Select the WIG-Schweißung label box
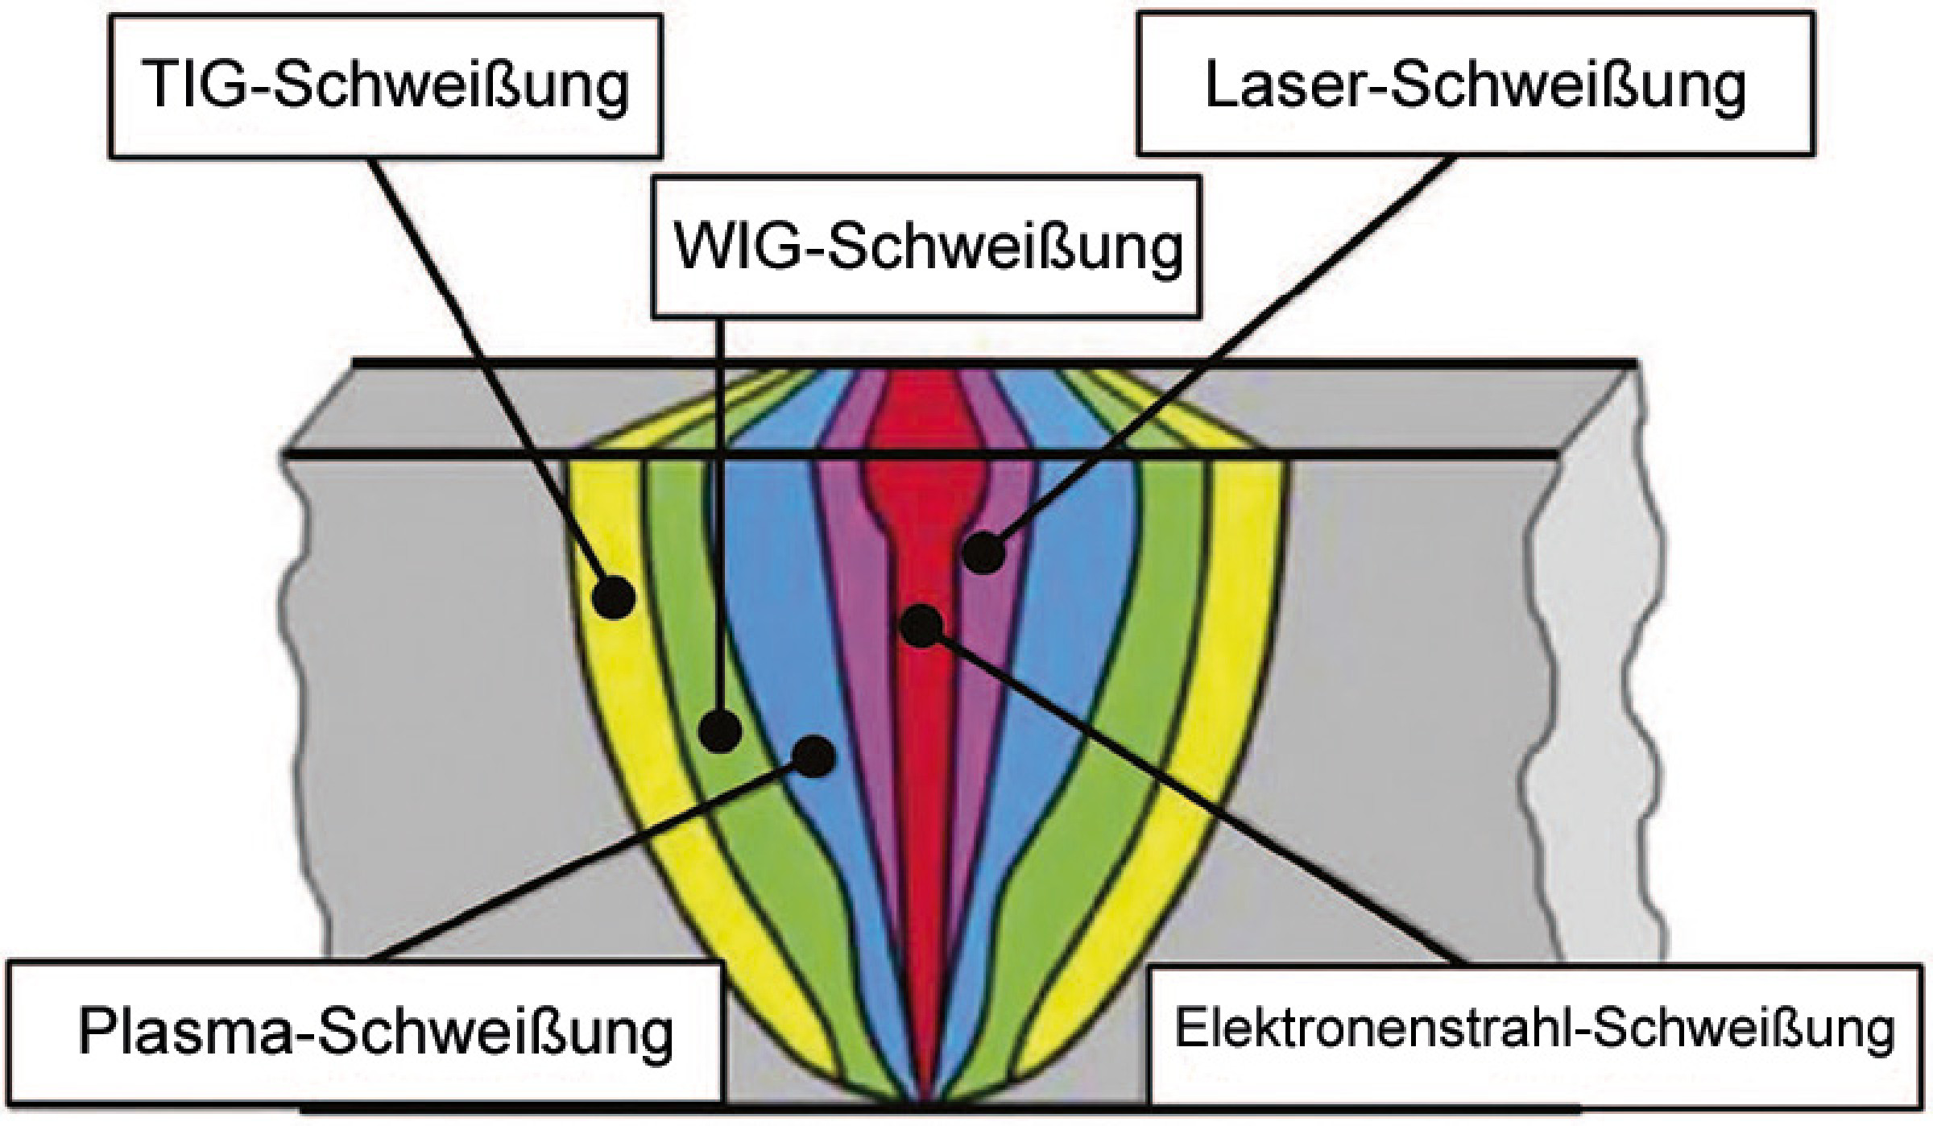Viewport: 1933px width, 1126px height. click(x=926, y=246)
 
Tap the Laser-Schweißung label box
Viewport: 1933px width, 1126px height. click(x=1476, y=85)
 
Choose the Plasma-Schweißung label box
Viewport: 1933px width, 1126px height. click(x=364, y=1033)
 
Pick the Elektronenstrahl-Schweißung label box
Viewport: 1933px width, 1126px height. click(x=1533, y=1034)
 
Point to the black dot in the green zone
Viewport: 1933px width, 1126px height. click(x=720, y=731)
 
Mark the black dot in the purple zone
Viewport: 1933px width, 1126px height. click(x=983, y=553)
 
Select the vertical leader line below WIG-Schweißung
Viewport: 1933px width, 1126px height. click(x=718, y=515)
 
